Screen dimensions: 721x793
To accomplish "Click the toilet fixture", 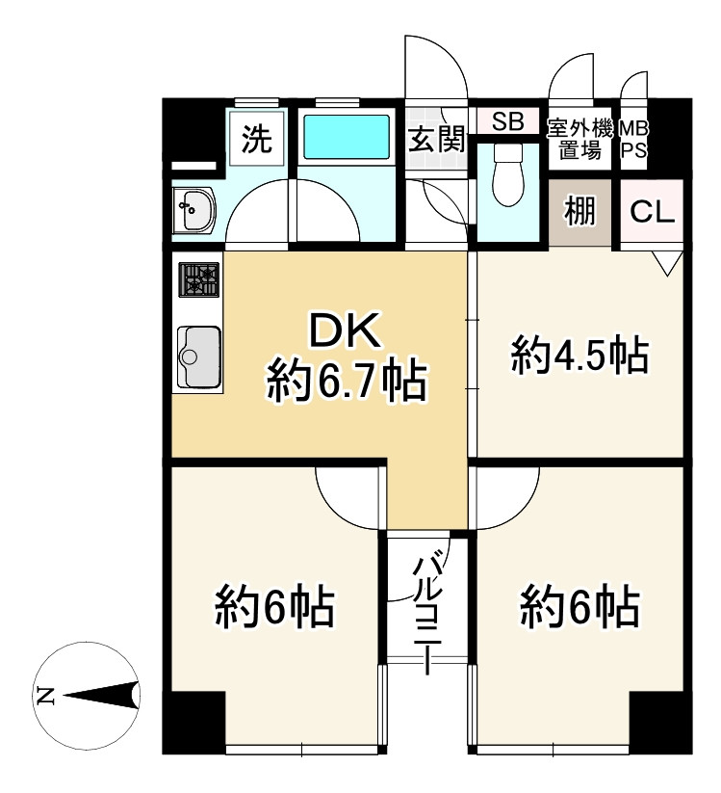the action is point(507,174).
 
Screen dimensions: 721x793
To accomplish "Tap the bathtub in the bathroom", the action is point(347,137).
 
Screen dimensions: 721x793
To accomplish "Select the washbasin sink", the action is point(194,210).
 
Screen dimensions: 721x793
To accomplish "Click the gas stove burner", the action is point(199,279).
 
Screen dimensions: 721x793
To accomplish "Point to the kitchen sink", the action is point(198,357).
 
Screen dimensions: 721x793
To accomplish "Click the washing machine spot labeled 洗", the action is point(257,138).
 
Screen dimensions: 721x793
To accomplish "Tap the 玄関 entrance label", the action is point(436,139).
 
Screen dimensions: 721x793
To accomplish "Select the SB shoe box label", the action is point(508,121).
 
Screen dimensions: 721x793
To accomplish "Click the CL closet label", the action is point(652,212).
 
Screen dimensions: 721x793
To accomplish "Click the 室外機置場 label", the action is point(580,140).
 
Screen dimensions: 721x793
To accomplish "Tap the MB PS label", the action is point(634,140).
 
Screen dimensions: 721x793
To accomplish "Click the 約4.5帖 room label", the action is point(580,355).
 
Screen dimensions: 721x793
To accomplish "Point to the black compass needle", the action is point(101,697).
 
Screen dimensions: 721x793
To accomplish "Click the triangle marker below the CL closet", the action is point(667,263).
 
